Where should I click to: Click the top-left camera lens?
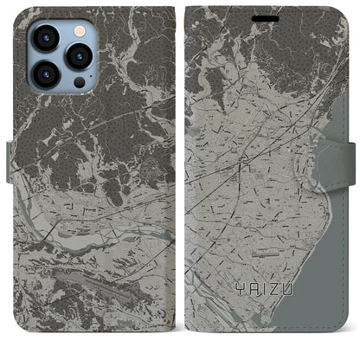[44, 39]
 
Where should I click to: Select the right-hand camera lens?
[79, 55]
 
